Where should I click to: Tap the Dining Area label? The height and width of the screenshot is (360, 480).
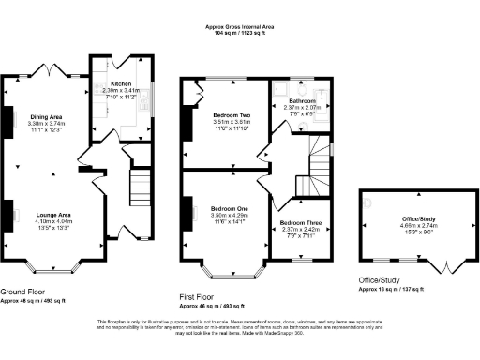point(45,115)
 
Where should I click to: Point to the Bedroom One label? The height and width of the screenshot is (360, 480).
point(230,208)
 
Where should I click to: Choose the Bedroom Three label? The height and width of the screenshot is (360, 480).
point(300,222)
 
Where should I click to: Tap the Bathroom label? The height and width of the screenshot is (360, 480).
point(302,100)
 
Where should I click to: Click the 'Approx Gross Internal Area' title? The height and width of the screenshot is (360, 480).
point(240,26)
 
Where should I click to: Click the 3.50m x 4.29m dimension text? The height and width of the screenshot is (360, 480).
point(230,216)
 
